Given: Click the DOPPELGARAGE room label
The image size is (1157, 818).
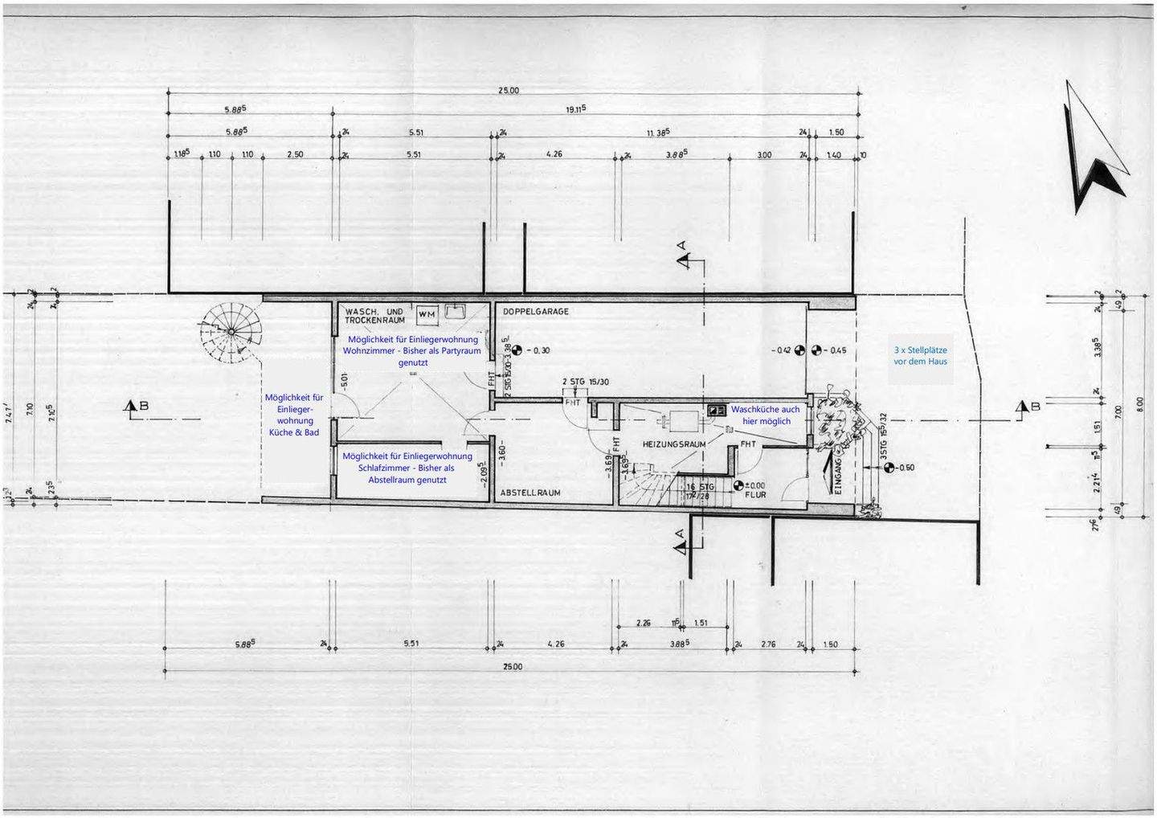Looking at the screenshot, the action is (x=535, y=311).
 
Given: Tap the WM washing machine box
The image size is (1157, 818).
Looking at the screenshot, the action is (x=427, y=314).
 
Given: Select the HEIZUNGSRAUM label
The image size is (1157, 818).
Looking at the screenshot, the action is (x=674, y=444).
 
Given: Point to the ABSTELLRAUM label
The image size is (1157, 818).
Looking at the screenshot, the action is (x=530, y=493).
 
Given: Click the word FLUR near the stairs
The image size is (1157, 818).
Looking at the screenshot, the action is (x=755, y=495).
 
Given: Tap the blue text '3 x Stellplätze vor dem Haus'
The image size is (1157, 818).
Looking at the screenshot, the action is (x=920, y=356).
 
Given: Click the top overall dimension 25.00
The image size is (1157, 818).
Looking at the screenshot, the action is (x=509, y=91).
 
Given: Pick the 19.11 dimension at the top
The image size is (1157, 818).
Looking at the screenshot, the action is (x=575, y=108).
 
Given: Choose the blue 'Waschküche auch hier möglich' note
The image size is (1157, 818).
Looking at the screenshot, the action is (x=766, y=415).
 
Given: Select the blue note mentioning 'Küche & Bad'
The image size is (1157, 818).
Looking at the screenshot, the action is (x=294, y=415).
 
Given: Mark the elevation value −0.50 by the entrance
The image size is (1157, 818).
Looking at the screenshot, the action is (x=905, y=468).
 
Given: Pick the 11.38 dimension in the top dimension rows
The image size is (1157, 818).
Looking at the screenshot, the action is (x=658, y=132).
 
